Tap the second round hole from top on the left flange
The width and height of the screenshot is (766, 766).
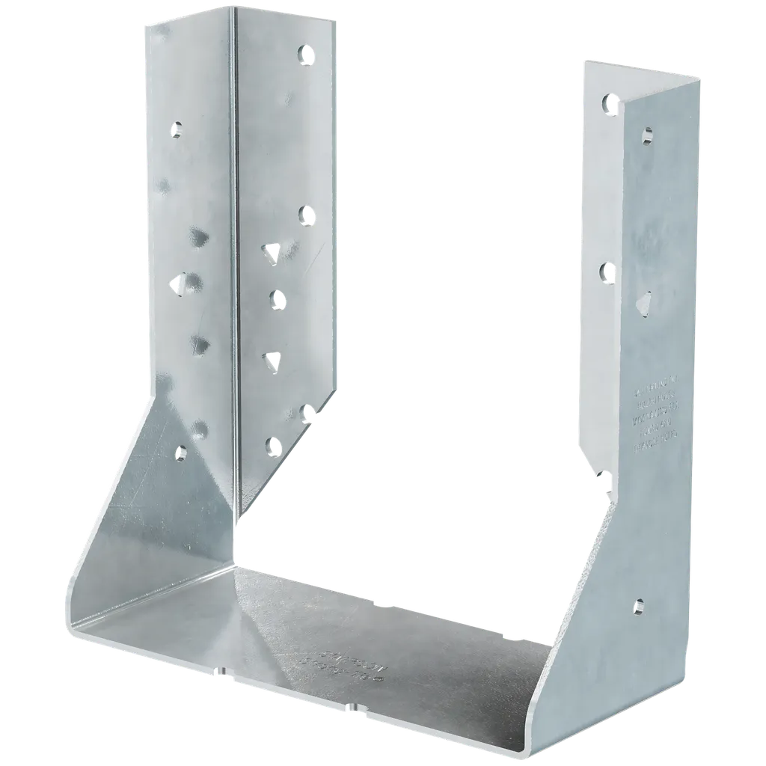tap(305, 215)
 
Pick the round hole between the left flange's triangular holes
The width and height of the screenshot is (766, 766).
tap(276, 300)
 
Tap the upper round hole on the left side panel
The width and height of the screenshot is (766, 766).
tap(177, 130)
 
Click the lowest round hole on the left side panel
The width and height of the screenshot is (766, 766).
tap(181, 451)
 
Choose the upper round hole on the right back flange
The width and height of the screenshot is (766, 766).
tap(607, 102)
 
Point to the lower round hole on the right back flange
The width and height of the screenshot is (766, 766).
tap(607, 269)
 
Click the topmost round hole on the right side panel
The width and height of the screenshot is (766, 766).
tap(647, 135)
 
